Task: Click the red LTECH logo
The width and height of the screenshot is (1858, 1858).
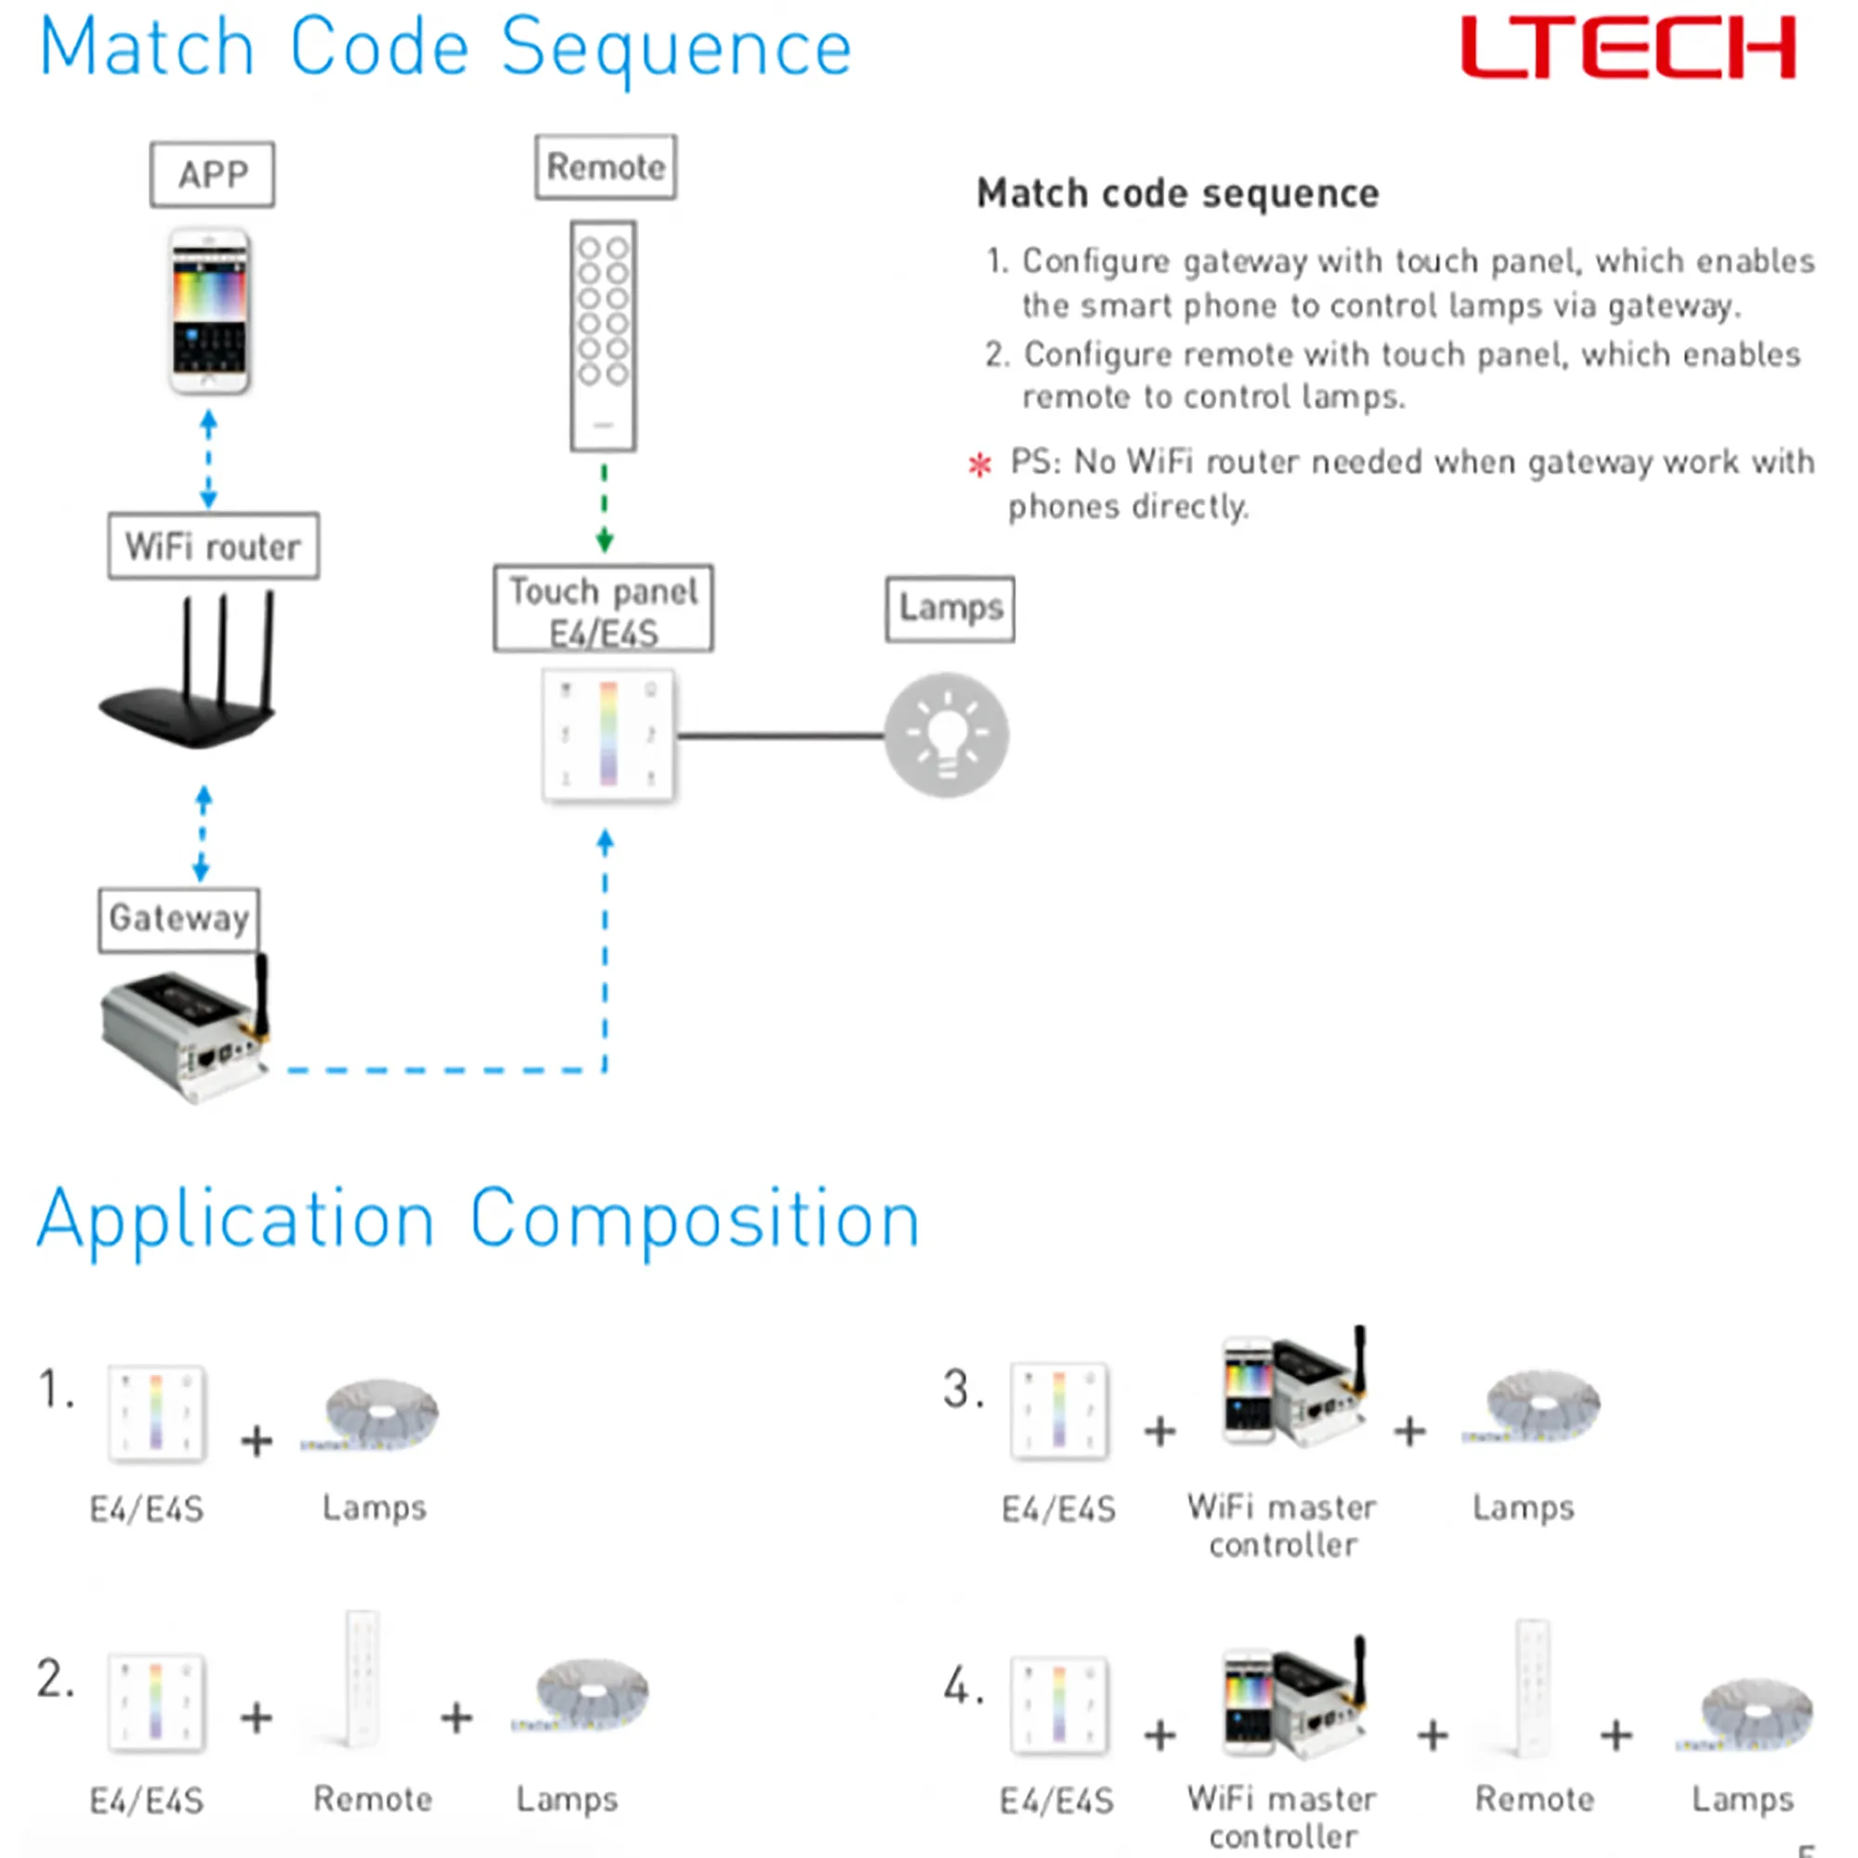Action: point(1628,48)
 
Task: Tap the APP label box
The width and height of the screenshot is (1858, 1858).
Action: point(213,175)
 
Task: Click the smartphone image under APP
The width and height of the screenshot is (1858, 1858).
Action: point(210,311)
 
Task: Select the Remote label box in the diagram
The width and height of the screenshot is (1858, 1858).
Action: point(606,167)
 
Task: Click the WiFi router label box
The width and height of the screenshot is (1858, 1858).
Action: point(214,546)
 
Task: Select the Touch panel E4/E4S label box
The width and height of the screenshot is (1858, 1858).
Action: point(604,609)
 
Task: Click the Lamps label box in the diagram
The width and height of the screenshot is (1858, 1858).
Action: point(950,608)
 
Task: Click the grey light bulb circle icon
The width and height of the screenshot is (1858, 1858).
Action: point(947,736)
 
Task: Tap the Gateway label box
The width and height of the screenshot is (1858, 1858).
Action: point(179,920)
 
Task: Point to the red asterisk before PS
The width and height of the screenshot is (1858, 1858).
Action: point(980,465)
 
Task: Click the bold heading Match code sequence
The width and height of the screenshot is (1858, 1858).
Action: point(1178,193)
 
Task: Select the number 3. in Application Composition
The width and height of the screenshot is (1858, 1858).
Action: point(962,1390)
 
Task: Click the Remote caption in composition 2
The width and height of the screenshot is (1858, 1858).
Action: point(373,1799)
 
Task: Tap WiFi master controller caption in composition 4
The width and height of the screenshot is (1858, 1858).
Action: point(1282,1815)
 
